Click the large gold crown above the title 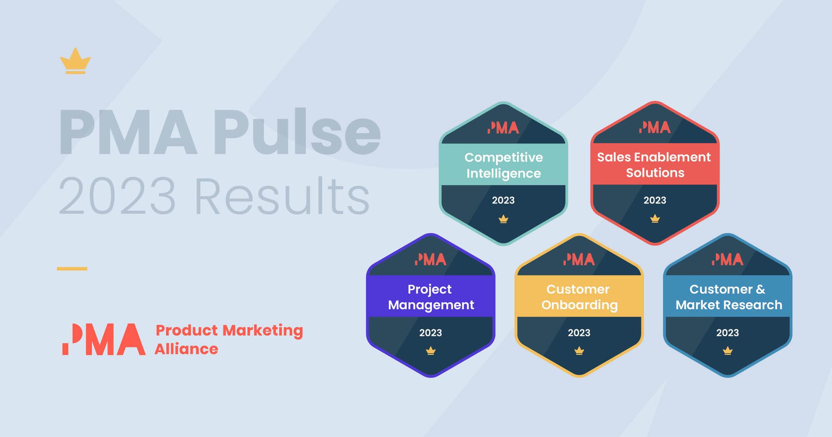75,61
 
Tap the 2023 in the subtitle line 117,196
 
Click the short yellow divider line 72,269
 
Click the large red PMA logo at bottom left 104,339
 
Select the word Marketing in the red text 262,330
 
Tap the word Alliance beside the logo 186,349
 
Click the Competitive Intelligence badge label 503,165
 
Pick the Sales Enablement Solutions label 654,164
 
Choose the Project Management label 431,297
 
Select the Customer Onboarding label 579,297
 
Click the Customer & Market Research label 728,297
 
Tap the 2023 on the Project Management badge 431,333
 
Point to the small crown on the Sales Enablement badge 655,218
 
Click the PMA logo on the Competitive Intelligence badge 503,128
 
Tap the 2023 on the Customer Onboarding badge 579,333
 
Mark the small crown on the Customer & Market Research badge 728,351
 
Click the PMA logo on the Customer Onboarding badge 579,260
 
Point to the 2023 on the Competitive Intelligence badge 503,200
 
